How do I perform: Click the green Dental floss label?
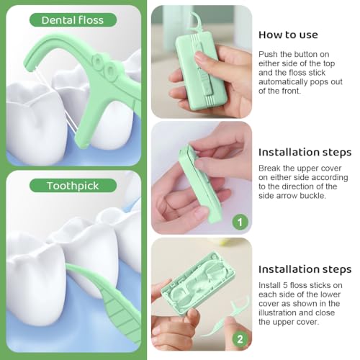point(73,20)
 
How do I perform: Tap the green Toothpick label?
point(73,186)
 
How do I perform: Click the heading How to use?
point(288,35)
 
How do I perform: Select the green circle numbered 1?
point(240,222)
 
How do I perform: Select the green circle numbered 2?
point(240,339)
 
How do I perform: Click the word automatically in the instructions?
point(283,82)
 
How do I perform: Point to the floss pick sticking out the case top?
point(195,23)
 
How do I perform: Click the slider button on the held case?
point(206,84)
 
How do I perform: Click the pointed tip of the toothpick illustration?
point(66,265)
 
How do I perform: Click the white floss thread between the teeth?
point(70,121)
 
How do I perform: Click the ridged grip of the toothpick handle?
point(121,312)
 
